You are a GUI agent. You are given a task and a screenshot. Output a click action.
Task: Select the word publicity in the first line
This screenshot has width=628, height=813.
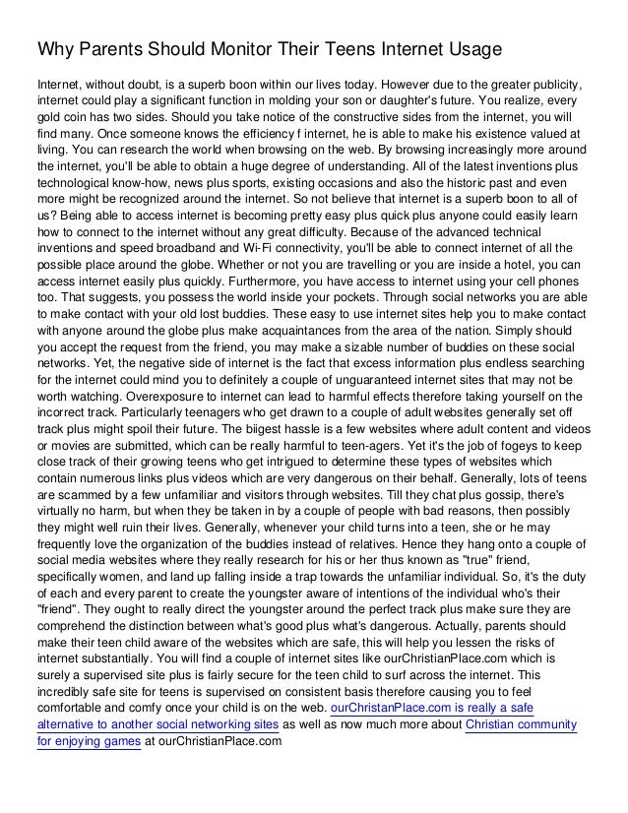click(550, 82)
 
